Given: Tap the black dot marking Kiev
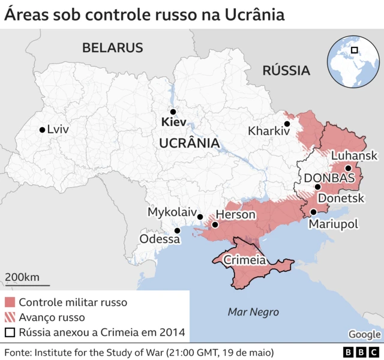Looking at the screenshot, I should click(173, 112).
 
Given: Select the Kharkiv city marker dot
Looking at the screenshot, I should click(287, 124).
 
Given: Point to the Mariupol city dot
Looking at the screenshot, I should click(313, 212).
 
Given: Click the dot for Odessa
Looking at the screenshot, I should click(177, 230).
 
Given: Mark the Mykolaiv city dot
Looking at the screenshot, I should click(200, 217).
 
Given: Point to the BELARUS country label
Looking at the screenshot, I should click(113, 48).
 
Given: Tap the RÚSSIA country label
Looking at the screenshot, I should click(286, 71).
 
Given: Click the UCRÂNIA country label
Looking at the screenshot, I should click(188, 143).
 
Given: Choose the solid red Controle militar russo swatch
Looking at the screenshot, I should click(10, 302).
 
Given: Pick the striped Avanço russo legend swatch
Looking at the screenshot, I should click(10, 317).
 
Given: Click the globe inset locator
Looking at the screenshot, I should click(354, 61).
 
